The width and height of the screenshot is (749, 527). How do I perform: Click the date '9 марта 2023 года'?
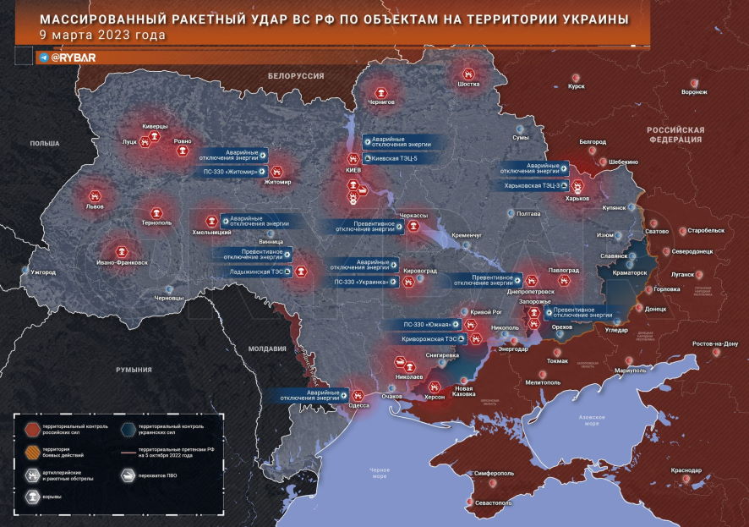click(102, 36)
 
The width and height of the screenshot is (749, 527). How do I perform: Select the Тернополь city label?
click(156, 222)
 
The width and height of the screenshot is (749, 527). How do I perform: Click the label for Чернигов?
click(381, 101)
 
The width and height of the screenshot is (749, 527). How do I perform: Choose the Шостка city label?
click(468, 85)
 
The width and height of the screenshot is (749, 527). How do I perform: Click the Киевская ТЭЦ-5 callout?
click(391, 157)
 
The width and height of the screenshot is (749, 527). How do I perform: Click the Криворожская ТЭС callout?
click(429, 338)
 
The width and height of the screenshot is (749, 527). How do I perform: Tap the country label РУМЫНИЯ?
click(134, 370)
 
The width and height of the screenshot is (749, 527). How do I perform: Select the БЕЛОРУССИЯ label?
click(296, 76)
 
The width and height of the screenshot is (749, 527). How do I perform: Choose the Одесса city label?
click(358, 405)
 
